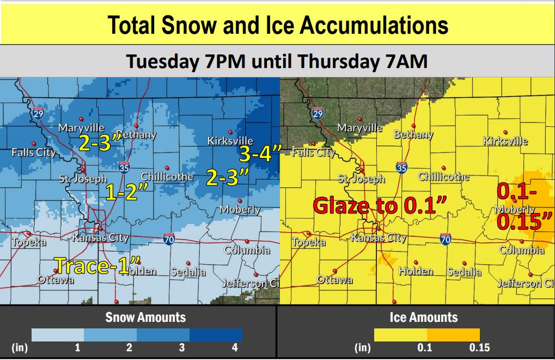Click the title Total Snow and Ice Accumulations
277,25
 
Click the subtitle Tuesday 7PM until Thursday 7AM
277,61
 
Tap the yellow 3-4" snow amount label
259,154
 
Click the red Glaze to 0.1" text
380,206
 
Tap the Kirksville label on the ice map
505,142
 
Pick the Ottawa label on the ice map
334,280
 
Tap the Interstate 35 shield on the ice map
401,168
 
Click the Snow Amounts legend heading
145,318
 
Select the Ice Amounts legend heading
423,318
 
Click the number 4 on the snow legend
235,347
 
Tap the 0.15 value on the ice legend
479,347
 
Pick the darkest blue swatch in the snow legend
216,334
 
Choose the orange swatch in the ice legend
453,334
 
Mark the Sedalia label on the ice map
464,272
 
